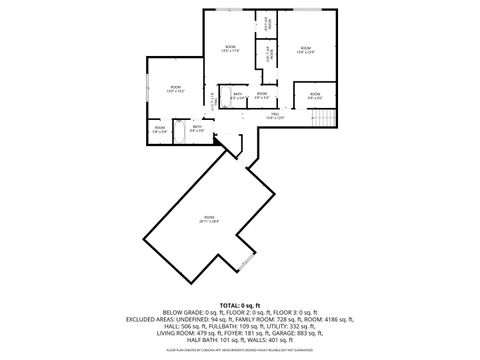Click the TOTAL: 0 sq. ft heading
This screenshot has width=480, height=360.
[240, 304]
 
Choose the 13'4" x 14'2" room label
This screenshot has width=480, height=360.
[176, 90]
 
